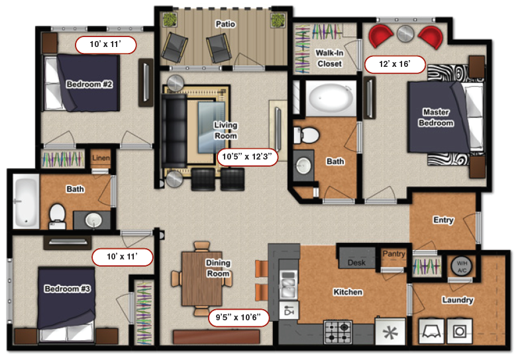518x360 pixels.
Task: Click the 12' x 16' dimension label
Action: point(394,64)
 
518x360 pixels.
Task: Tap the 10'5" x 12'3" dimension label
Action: point(248,157)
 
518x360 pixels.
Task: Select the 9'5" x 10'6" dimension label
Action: point(238,317)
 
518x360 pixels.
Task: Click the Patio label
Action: point(225,24)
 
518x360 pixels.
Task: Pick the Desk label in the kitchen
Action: point(356,263)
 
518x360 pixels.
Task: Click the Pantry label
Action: point(393,253)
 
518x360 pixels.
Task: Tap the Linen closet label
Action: point(101,157)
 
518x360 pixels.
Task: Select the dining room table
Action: point(203,279)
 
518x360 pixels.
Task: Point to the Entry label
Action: point(443,220)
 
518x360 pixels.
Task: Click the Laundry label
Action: point(458,300)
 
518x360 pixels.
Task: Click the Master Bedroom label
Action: point(436,118)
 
